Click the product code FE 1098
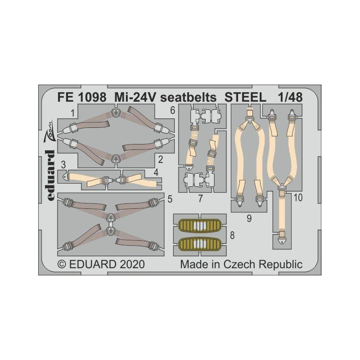point(82,98)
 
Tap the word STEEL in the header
point(245,98)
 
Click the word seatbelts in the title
point(188,98)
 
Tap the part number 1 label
point(73,113)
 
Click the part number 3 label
point(63,165)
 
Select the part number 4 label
point(156,173)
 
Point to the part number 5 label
point(170,199)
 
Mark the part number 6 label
point(172,111)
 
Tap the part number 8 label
point(232,235)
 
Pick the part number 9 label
point(249,218)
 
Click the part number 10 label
point(298,198)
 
